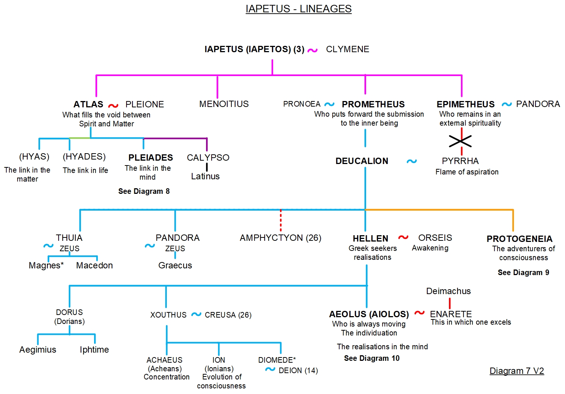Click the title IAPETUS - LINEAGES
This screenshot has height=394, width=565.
pyautogui.click(x=299, y=9)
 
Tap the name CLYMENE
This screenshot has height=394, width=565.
pyautogui.click(x=347, y=49)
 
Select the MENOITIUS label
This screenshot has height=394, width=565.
pyautogui.click(x=224, y=104)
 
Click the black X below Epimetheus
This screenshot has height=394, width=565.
pyautogui.click(x=460, y=141)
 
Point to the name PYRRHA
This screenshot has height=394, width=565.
pyautogui.click(x=460, y=161)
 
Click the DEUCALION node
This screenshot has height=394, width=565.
pyautogui.click(x=362, y=161)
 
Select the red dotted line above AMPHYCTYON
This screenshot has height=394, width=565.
pyautogui.click(x=281, y=220)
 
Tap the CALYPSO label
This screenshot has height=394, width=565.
pyautogui.click(x=208, y=158)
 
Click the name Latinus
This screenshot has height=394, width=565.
pyautogui.click(x=205, y=176)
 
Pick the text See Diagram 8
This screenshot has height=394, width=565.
pyautogui.click(x=144, y=191)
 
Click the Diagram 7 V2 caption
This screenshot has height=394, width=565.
pyautogui.click(x=516, y=371)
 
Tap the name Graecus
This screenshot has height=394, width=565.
pyautogui.click(x=175, y=265)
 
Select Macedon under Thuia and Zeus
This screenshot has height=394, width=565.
pyautogui.click(x=94, y=265)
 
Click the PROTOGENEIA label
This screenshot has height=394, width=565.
pyautogui.click(x=519, y=239)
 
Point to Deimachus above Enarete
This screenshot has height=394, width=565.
pyautogui.click(x=448, y=291)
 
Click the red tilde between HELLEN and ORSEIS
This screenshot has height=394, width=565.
pyautogui.click(x=403, y=237)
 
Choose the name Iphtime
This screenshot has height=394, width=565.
pyautogui.click(x=94, y=350)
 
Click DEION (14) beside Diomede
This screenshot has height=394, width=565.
pyautogui.click(x=298, y=371)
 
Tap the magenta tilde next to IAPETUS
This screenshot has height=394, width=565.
pyautogui.click(x=312, y=50)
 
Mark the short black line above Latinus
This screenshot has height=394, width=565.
pyautogui.click(x=207, y=167)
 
